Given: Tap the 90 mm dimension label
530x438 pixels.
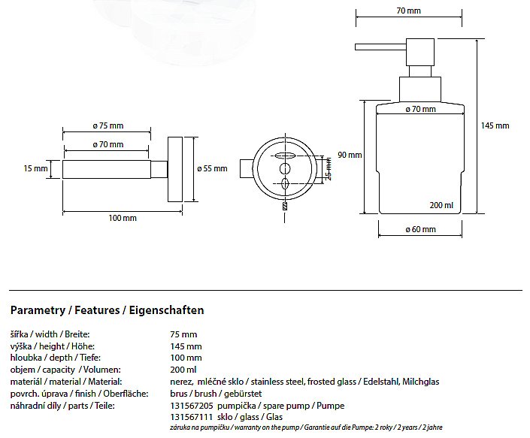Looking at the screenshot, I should coord(350,155).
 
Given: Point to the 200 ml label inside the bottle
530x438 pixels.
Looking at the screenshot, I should coord(441,205).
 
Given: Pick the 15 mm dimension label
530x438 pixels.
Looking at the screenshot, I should coord(35,169).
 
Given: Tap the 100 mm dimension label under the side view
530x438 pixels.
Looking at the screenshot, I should coord(123,218).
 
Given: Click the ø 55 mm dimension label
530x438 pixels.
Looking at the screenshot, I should coord(211,169).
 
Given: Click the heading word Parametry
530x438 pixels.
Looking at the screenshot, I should coord(38,310).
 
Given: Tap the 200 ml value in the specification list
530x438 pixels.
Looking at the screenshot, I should coord(184,370).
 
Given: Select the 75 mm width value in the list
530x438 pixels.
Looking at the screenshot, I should coord(184,334).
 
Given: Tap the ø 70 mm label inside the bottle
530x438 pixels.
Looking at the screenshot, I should coord(420,110).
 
